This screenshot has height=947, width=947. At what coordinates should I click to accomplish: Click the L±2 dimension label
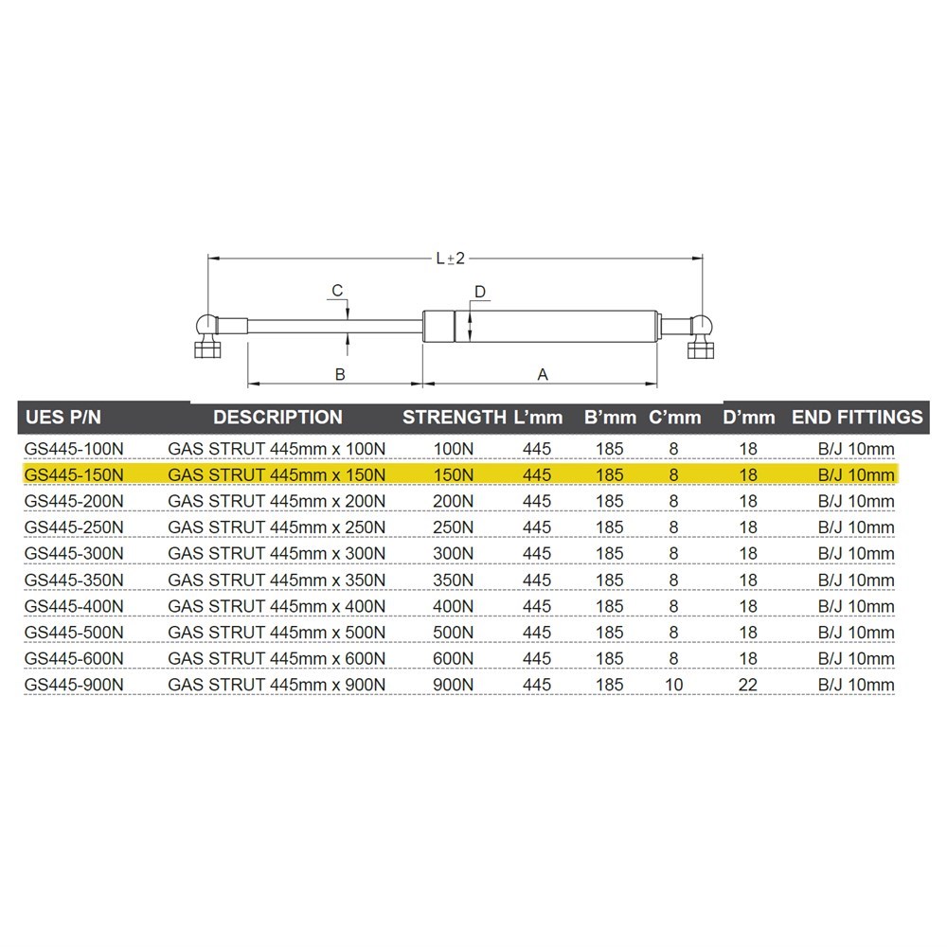[x=451, y=259]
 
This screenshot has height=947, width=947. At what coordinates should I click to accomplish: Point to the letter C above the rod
[x=337, y=291]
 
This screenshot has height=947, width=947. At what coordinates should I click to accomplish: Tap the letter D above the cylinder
[x=479, y=293]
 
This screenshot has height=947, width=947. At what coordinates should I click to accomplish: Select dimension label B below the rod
[x=340, y=374]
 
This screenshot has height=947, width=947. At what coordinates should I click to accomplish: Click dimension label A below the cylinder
[x=543, y=374]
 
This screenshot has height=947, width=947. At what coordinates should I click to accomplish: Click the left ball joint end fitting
[x=208, y=336]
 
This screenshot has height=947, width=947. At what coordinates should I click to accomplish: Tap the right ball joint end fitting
[x=701, y=336]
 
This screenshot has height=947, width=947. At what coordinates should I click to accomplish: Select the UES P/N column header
[x=63, y=418]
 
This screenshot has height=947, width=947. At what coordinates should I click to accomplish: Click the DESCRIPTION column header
[x=277, y=418]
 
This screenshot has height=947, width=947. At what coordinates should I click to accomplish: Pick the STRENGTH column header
[x=455, y=418]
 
